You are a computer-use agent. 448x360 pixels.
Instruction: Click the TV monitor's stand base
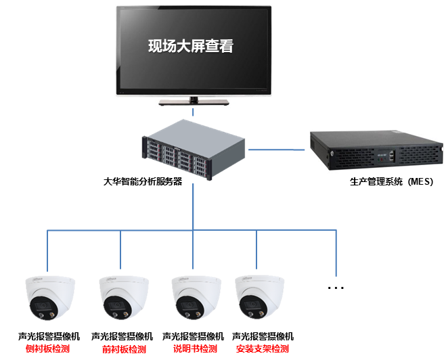[194, 103]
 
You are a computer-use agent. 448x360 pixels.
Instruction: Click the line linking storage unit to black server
[276, 148]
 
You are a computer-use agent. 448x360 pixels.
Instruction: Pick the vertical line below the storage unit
[194, 206]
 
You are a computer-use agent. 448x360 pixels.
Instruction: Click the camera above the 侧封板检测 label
[49, 298]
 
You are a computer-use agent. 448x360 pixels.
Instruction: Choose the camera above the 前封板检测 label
[122, 298]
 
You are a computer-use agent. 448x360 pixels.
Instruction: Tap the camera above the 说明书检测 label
[195, 298]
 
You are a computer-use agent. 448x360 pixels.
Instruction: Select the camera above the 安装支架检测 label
[259, 298]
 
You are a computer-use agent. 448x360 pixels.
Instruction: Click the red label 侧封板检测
[48, 349]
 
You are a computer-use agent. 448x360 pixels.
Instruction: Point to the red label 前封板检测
[123, 349]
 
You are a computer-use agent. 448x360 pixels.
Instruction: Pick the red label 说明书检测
[194, 349]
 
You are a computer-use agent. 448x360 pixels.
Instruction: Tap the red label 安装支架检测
[262, 349]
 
